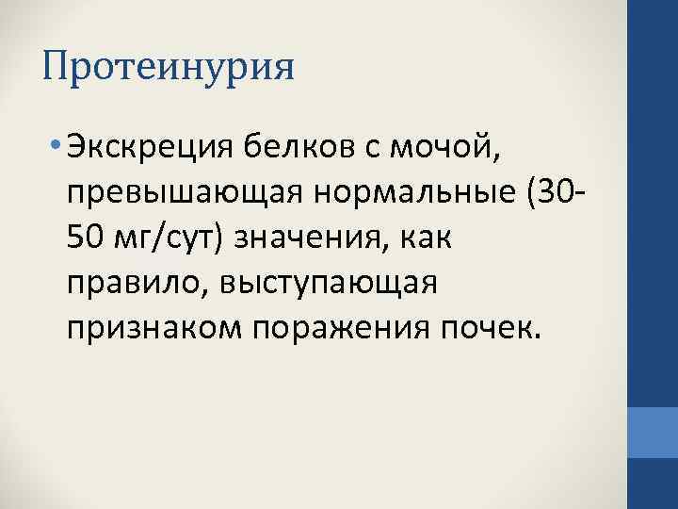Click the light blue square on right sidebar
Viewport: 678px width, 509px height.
coord(653,439)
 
